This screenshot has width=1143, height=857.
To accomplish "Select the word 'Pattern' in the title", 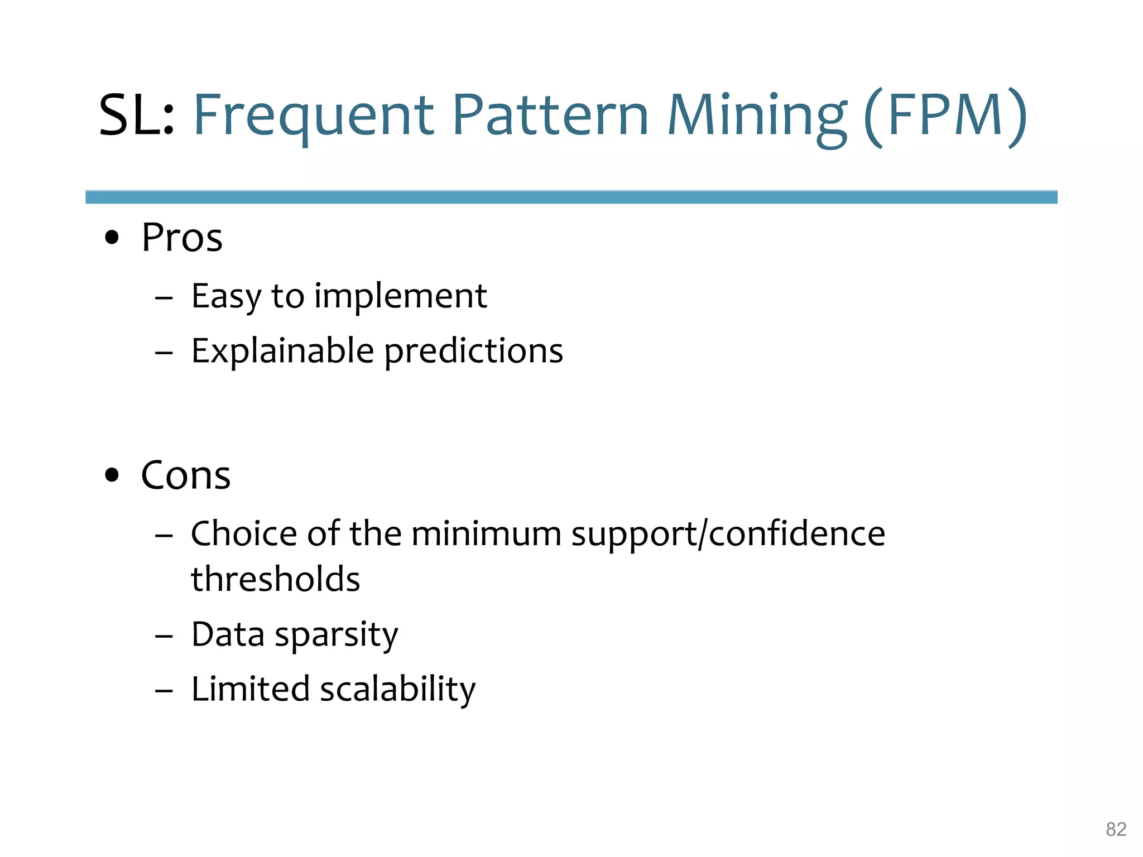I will (x=550, y=115).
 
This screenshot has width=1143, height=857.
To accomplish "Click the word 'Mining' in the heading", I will (x=757, y=115).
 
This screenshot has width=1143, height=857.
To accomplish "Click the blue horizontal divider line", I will (x=571, y=197).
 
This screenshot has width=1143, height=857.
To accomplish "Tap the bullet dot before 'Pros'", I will (x=112, y=238).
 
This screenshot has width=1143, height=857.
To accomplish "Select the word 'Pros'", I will (x=182, y=238).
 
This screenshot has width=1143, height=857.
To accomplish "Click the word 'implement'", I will (x=400, y=296).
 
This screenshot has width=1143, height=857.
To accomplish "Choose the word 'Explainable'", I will (x=282, y=351).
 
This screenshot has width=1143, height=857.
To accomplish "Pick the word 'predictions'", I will (x=474, y=351).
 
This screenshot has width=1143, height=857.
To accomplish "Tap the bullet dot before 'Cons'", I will (x=112, y=475).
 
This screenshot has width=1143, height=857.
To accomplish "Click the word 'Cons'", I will (x=185, y=475).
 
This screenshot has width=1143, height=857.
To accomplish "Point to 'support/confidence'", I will (x=728, y=533).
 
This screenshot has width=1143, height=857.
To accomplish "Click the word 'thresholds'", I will (x=276, y=579).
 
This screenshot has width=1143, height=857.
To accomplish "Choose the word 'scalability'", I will (x=397, y=689).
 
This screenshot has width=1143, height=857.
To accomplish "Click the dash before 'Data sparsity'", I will (x=164, y=635).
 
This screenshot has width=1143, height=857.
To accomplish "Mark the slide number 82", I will (x=1116, y=829).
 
